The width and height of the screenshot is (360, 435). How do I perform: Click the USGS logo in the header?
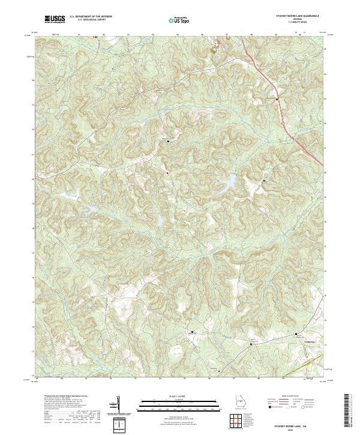(55, 19)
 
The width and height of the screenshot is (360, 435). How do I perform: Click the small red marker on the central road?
(167, 173)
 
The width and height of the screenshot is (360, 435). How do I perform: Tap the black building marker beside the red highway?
(277, 99)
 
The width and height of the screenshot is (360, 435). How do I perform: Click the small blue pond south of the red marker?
(160, 220)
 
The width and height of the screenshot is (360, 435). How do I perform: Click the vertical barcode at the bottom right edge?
(348, 410)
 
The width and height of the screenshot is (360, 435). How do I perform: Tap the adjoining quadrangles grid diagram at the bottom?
(236, 422)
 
